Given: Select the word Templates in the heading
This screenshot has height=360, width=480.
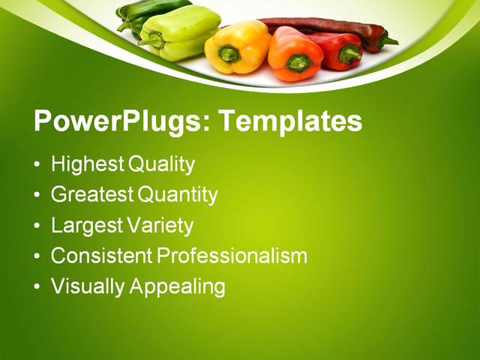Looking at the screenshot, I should click(x=290, y=121).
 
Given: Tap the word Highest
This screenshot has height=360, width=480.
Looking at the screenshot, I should click(x=88, y=164).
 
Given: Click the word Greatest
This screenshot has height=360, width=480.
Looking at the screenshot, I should click(x=92, y=195).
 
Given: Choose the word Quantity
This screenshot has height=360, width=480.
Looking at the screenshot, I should click(x=178, y=195).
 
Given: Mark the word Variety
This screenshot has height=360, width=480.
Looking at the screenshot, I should click(x=159, y=225).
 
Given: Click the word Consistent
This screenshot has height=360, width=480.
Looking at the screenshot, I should click(x=101, y=255).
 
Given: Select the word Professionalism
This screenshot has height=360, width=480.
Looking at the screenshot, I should click(x=232, y=255).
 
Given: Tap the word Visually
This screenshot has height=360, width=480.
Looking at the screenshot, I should click(x=85, y=286).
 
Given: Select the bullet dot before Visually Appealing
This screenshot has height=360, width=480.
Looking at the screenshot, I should click(x=37, y=286).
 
